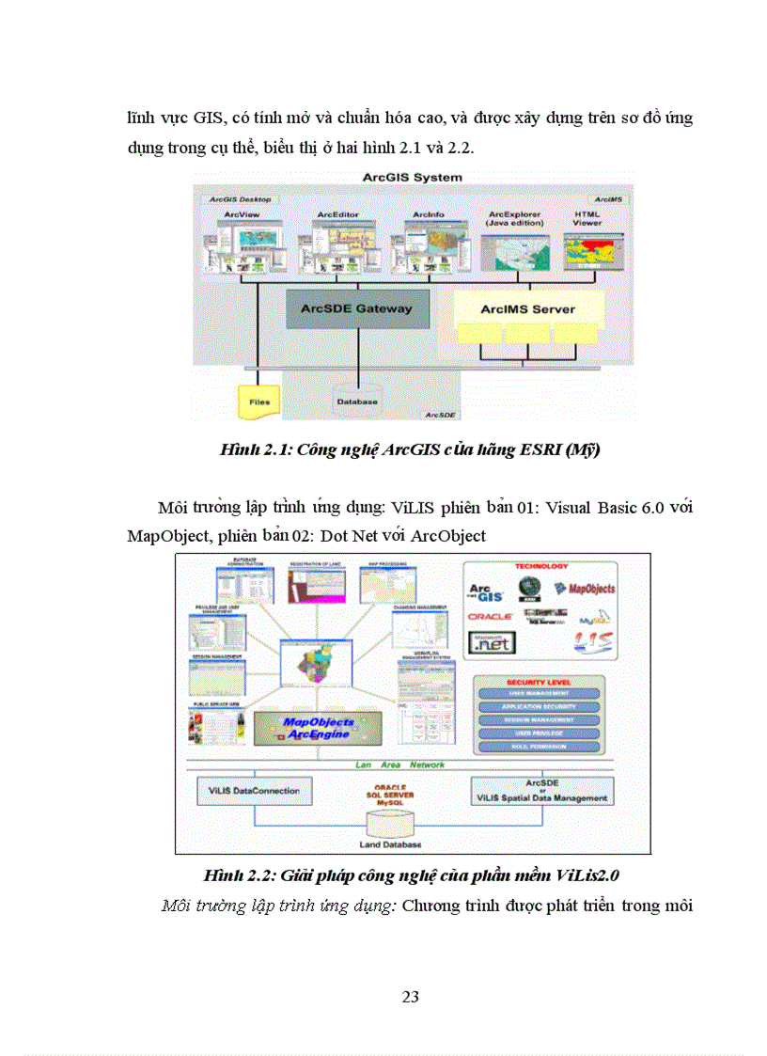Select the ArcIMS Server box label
pos(527,308)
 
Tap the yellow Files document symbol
pos(258,402)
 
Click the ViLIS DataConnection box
pos(255,790)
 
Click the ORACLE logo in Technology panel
pos(489,617)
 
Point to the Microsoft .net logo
pos(492,644)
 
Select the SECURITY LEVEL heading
pos(539,681)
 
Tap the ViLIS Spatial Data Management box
pos(541,791)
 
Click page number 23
pos(410,997)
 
